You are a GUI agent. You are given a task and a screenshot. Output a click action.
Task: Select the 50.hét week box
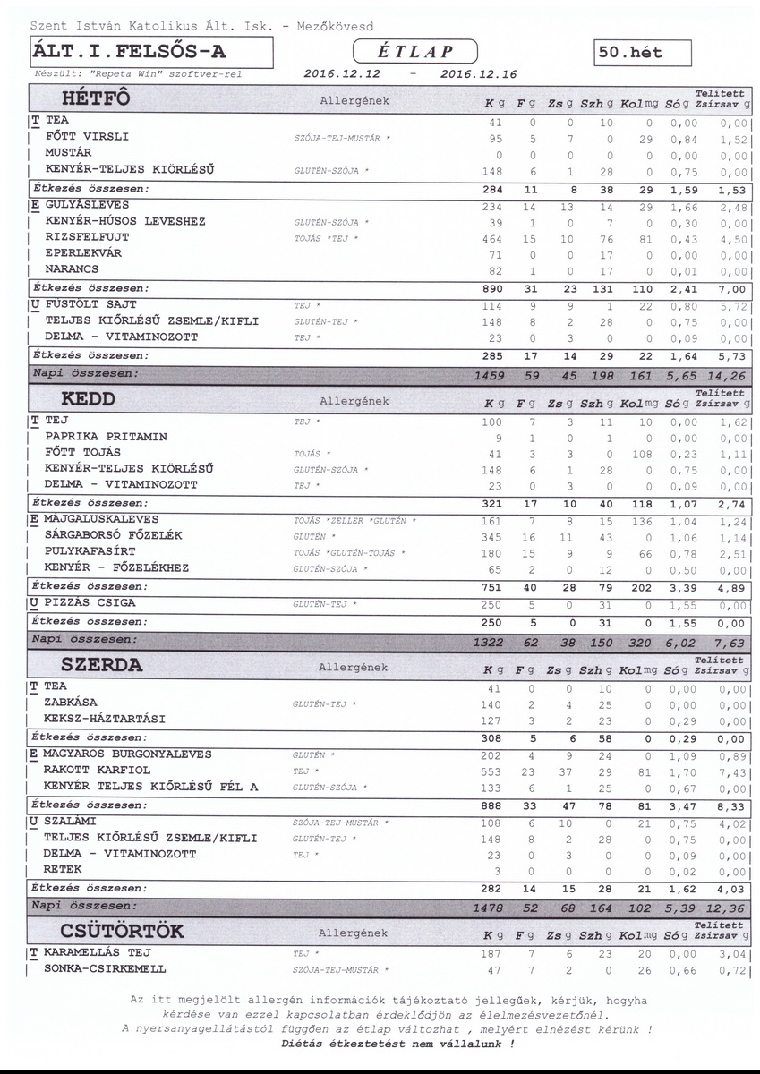643,52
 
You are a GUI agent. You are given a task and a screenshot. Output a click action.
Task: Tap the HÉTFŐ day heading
98,98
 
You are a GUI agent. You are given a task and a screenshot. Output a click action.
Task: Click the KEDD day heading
89,398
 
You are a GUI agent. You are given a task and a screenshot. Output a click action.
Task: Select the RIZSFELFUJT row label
87,237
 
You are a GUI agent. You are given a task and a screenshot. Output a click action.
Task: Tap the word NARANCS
72,268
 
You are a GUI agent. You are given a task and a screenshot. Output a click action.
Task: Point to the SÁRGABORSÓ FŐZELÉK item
114,535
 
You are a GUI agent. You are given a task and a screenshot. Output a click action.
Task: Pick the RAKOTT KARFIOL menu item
97,770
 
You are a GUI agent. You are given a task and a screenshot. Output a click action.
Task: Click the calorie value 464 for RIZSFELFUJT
491,237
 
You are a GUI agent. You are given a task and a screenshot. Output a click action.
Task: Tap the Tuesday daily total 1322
491,643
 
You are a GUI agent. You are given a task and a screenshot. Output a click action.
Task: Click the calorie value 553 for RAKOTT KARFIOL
491,770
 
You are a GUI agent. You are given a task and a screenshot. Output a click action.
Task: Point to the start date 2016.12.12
342,73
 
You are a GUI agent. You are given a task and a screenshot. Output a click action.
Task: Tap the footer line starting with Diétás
397,1043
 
